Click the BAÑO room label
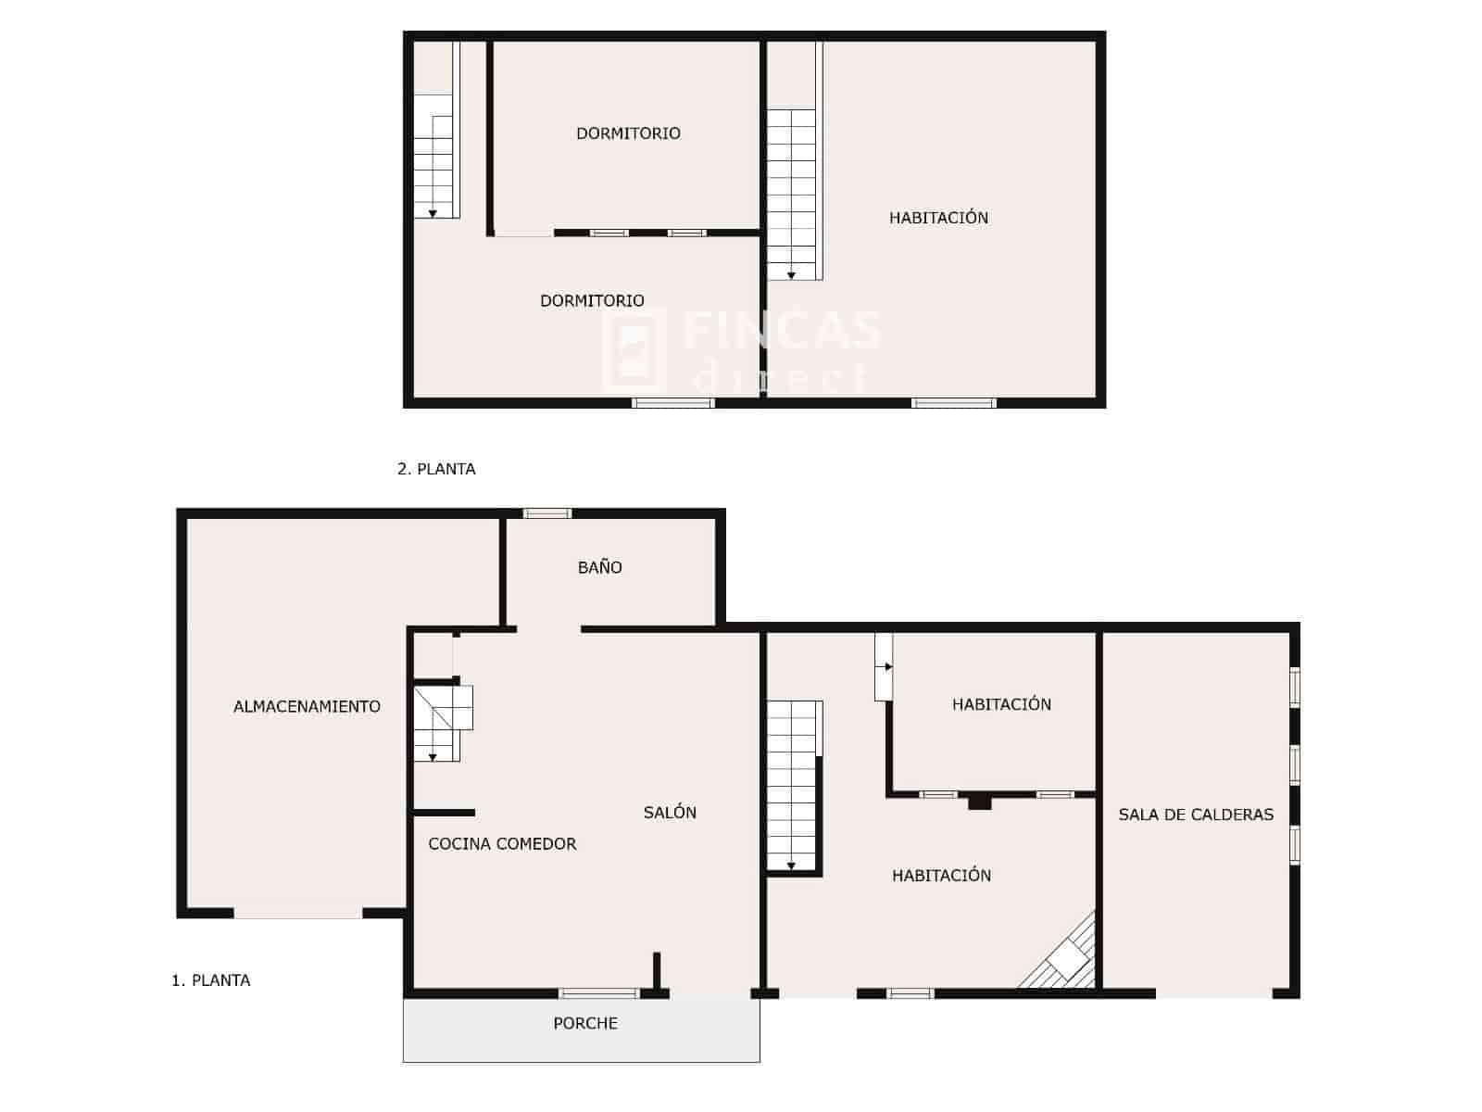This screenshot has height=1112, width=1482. [599, 567]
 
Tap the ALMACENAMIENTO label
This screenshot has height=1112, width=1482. [307, 706]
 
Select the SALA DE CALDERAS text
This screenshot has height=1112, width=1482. [1196, 815]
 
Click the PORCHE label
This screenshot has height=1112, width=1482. [585, 1023]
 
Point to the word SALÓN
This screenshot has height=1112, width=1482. [670, 813]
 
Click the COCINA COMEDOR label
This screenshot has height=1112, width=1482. [502, 843]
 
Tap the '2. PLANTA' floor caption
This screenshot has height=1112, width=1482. [436, 469]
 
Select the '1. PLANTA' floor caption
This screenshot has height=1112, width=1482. [211, 980]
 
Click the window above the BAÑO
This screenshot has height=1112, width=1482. [547, 513]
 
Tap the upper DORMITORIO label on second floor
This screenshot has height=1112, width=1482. [628, 133]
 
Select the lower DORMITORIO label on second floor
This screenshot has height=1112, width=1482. [592, 300]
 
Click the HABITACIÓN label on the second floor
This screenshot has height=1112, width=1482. [938, 218]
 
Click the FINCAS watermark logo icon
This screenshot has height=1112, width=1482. [634, 350]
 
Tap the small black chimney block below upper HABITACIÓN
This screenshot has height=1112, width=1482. [979, 802]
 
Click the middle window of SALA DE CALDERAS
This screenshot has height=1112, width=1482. [1295, 764]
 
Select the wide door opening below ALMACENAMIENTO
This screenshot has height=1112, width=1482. [298, 913]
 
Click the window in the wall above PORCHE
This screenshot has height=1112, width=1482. [599, 993]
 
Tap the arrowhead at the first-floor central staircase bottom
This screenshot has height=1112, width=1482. [792, 866]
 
